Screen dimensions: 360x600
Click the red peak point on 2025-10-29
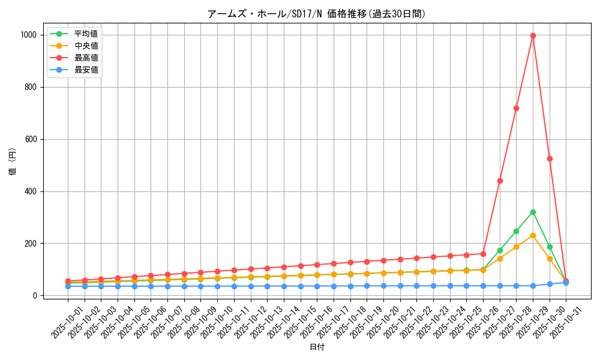pyautogui.click(x=533, y=35)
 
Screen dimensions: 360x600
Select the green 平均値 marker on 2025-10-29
pyautogui.click(x=533, y=212)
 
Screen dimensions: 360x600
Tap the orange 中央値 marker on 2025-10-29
pyautogui.click(x=533, y=235)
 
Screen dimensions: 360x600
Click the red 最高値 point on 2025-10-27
pyautogui.click(x=500, y=181)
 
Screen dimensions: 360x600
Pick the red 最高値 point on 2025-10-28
pyautogui.click(x=516, y=108)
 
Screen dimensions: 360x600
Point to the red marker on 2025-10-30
pyautogui.click(x=550, y=158)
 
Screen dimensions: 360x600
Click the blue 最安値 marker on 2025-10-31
pyautogui.click(x=566, y=282)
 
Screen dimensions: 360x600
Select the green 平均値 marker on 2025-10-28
pyautogui.click(x=516, y=231)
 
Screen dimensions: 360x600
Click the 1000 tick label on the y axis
pyautogui.click(x=28, y=35)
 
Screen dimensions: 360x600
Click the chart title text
pyautogui.click(x=316, y=14)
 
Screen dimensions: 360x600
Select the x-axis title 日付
pyautogui.click(x=317, y=347)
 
